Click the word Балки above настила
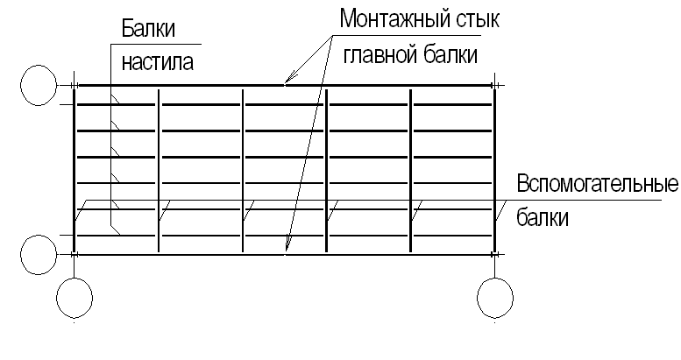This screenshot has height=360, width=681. (147, 29)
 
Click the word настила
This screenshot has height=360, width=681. (158, 62)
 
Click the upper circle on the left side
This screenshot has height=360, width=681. (39, 85)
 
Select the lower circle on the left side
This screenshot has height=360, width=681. (39, 255)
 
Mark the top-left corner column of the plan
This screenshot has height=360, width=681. (75, 85)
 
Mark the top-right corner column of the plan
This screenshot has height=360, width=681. (497, 85)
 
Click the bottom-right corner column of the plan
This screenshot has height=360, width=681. (497, 255)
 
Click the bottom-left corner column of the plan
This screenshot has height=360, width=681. (75, 255)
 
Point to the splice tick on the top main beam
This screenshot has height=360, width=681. (286, 85)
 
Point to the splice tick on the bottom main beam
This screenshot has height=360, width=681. (286, 255)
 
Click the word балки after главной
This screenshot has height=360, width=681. (448, 54)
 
